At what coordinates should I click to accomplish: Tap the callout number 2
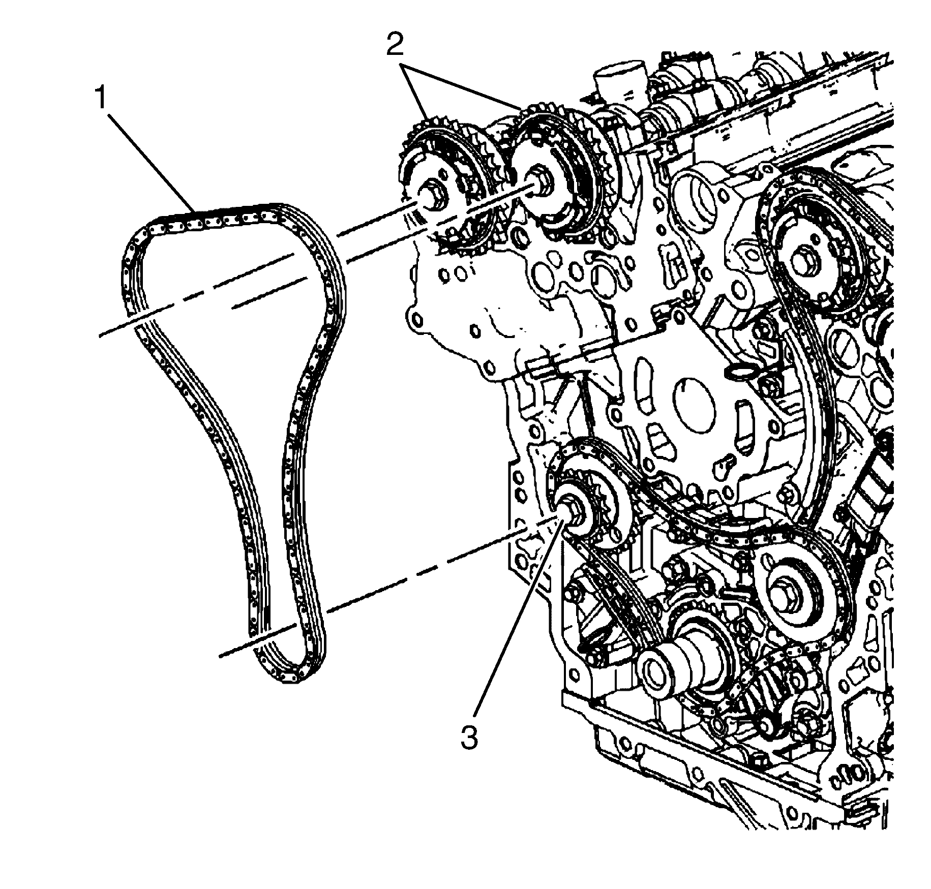click(395, 45)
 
